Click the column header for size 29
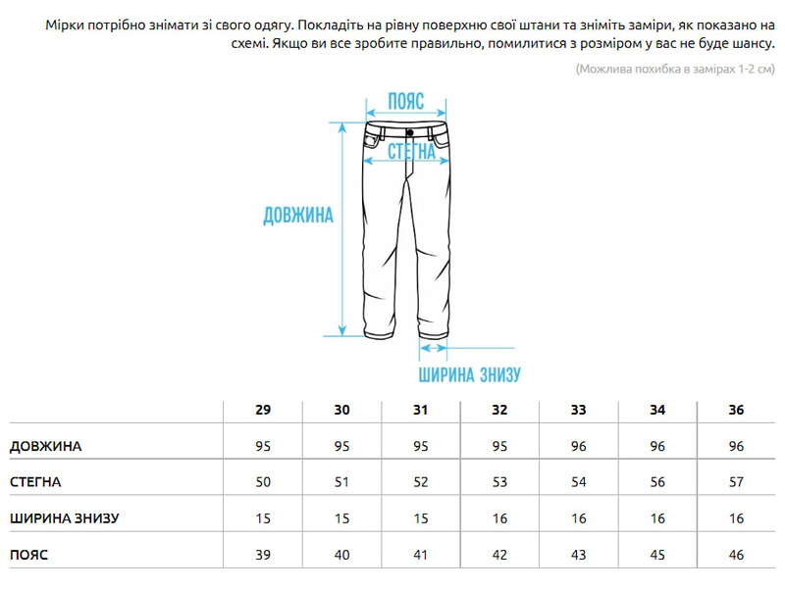point(263,410)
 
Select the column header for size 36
point(737,410)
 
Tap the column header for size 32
point(499,410)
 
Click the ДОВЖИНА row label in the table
point(46,446)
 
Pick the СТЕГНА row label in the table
point(35,482)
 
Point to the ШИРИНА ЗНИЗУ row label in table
point(64,518)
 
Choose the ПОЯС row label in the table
point(29,555)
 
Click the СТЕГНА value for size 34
point(657,482)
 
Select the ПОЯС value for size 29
point(263,555)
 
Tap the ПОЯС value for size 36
point(737,555)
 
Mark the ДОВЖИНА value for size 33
point(579,446)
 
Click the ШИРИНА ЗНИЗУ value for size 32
point(499,518)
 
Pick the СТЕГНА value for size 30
point(341,482)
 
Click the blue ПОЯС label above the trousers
point(405,101)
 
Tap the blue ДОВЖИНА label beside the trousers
point(298,217)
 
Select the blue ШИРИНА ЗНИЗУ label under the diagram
point(469,374)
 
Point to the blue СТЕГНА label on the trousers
point(411,152)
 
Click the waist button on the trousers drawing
point(408,129)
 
